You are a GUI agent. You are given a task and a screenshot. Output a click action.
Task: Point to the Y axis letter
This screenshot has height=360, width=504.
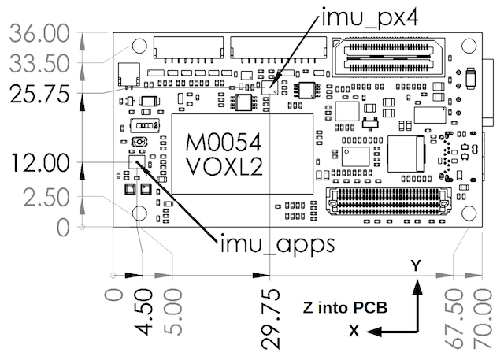point(416,266)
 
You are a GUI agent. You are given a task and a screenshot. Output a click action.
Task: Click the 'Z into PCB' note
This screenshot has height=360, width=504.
point(344,306)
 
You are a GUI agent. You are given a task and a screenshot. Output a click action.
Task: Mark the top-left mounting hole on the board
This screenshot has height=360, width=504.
point(139,46)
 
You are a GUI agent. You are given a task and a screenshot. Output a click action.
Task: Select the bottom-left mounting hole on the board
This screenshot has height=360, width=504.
point(139,213)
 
